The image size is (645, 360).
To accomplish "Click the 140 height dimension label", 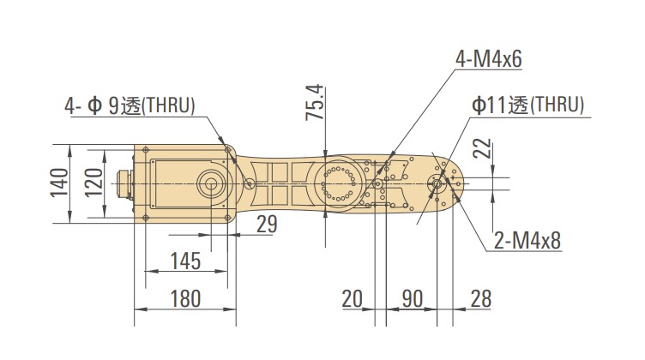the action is coord(59,183).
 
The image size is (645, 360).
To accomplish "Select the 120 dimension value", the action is coord(93,183).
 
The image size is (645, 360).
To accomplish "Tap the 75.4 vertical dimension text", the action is coord(315,102).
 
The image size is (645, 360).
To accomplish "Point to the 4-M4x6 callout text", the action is coord(488,59).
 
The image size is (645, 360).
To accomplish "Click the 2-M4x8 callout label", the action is coord(527,240).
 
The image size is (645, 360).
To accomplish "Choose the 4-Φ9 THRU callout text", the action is coord(130,106).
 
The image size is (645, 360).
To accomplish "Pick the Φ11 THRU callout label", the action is coord(527,105).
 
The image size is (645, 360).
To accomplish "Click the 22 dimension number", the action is coord(482,149).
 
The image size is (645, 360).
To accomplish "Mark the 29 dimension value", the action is coord(267,225).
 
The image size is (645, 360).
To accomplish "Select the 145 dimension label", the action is coord(185,261).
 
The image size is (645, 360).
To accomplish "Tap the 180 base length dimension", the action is coord(185,299).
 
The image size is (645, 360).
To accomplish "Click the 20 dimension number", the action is coord(353,299).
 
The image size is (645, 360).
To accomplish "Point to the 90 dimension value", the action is coord(413,299).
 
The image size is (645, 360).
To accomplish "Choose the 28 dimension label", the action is coord(481,299).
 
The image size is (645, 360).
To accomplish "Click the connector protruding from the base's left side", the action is coord(124,183).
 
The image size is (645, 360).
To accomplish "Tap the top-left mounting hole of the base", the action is coord(145,150).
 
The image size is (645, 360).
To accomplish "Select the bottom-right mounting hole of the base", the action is coord(227,218).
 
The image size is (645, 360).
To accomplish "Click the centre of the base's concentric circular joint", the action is coord(211,183).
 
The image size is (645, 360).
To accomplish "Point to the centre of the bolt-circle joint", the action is coord(338,183).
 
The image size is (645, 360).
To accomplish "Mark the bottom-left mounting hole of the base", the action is coord(145,218).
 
